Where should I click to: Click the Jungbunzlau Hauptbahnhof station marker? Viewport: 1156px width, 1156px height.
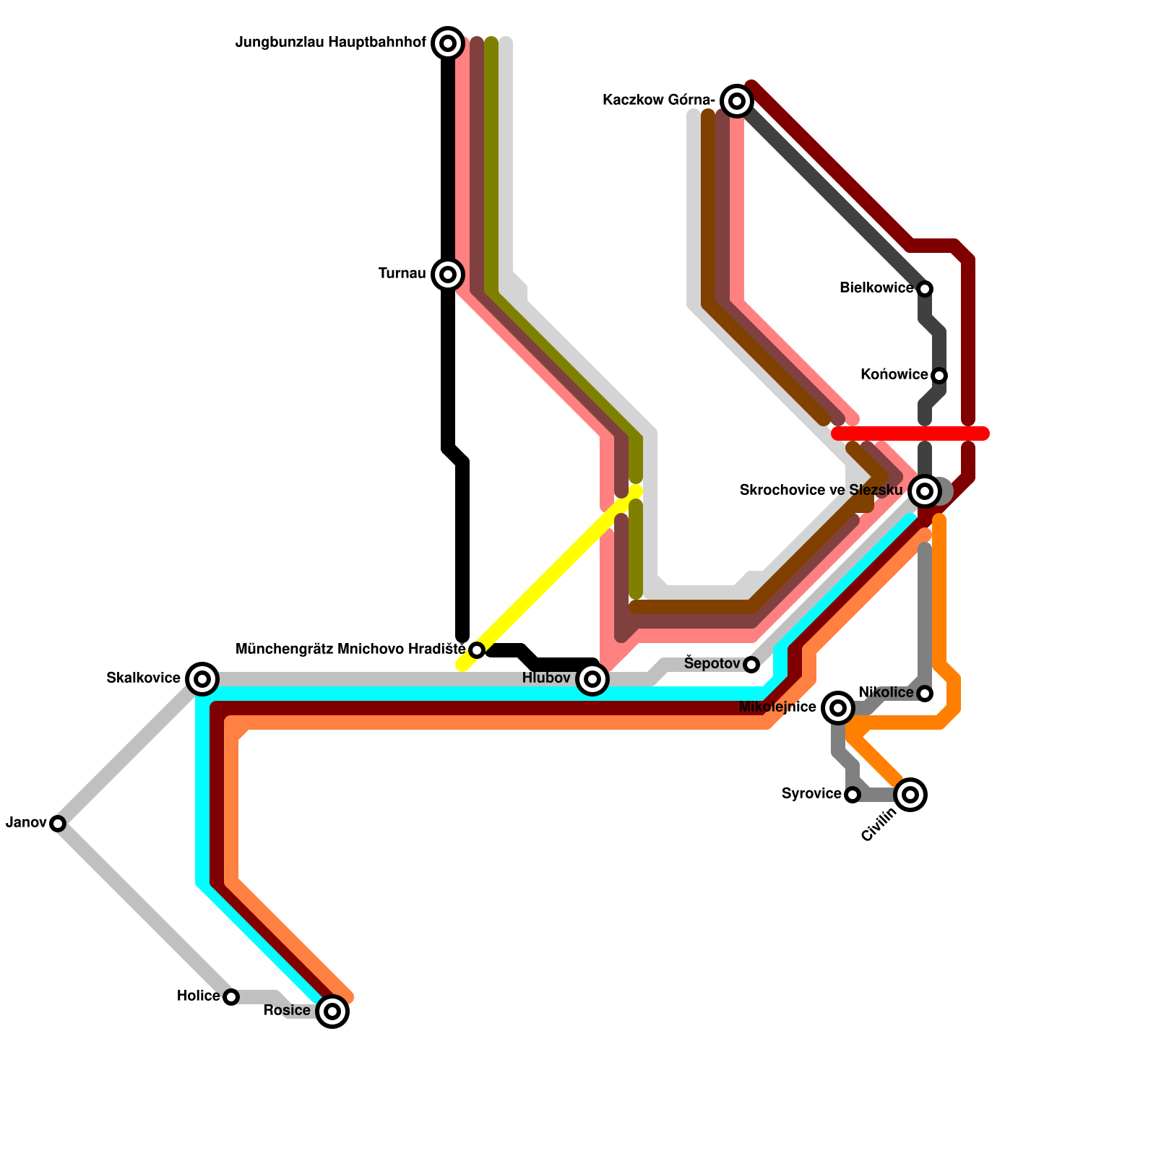pos(448,43)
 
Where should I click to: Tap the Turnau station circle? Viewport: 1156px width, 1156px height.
pos(448,275)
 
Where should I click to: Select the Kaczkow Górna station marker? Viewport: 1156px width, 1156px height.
pos(737,101)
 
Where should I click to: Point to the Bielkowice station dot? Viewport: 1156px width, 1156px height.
pos(925,289)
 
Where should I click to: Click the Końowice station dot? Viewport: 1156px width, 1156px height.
pos(939,376)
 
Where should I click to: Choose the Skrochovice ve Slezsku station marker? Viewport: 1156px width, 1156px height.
pos(925,491)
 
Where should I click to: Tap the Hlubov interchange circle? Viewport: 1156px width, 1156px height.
pos(592,679)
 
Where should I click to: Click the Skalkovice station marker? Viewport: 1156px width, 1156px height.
pos(202,679)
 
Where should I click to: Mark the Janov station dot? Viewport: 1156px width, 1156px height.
pos(58,824)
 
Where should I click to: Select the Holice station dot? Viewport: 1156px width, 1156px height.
pos(231,997)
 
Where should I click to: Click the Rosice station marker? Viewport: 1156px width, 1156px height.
pos(332,1011)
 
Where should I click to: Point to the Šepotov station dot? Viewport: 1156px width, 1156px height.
pos(751,665)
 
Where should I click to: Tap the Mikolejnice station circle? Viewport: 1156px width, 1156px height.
pos(838,708)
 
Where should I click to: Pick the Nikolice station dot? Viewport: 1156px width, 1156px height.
pos(925,694)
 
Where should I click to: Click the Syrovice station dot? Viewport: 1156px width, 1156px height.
pos(853,795)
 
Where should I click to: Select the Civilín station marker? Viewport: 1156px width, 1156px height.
pos(910,795)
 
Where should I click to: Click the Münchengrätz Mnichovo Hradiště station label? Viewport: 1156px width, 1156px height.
pos(350,650)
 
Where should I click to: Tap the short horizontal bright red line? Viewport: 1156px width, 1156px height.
pos(910,433)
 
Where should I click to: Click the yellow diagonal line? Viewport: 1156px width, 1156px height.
pos(549,578)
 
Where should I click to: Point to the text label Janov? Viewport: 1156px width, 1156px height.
pos(26,823)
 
